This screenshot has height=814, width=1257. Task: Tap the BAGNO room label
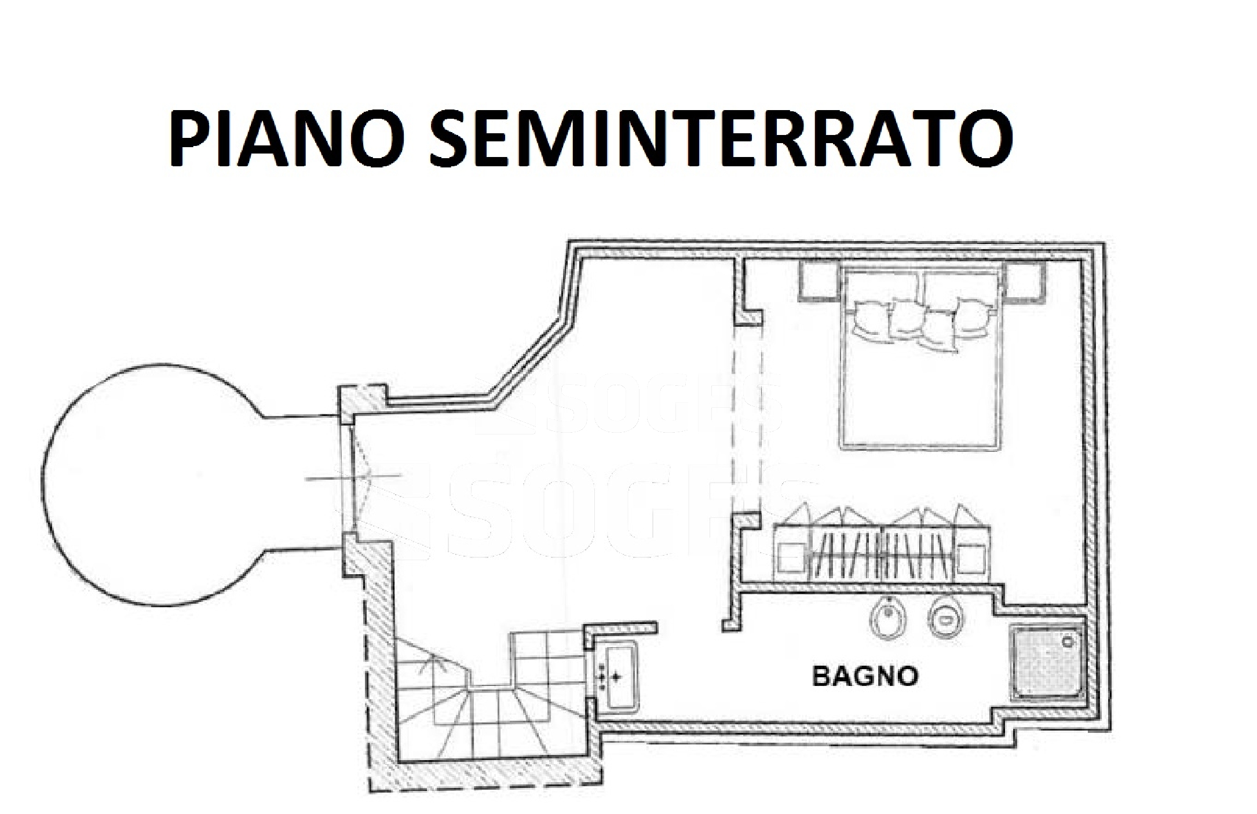click(865, 676)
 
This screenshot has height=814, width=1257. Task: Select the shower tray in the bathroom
click(1046, 662)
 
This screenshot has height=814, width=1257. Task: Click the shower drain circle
click(1068, 641)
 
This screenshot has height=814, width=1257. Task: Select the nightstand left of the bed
click(819, 280)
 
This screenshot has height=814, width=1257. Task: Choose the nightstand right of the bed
click(1024, 280)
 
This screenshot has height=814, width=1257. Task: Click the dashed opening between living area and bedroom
click(747, 419)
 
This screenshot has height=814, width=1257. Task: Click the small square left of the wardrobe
click(790, 560)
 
